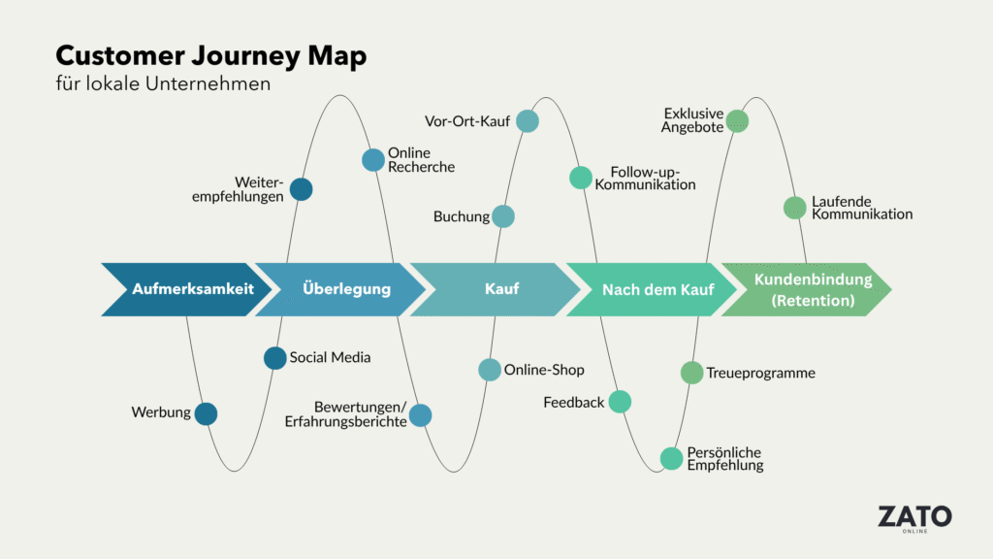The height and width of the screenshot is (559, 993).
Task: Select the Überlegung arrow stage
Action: coord(345,289)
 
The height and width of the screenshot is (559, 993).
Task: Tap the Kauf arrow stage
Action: coord(500,289)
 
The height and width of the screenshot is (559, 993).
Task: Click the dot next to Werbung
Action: coord(206,413)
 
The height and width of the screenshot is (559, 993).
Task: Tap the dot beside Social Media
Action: coord(275,358)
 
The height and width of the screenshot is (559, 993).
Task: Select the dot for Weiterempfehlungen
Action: coord(301,189)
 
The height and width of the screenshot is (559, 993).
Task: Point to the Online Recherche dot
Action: coord(373,160)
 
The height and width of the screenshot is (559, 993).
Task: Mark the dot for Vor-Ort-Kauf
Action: coord(527,120)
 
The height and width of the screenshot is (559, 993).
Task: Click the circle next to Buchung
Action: coord(502,216)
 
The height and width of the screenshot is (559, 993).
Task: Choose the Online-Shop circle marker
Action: coord(490,370)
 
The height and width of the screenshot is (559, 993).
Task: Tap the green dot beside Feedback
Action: coord(620,402)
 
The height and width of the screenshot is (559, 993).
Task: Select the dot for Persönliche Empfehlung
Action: coord(671,458)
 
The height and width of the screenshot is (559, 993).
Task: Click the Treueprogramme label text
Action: coord(760,373)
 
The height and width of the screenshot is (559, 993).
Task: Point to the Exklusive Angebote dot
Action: coord(737,120)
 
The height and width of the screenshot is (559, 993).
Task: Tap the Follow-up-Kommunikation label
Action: coord(645,178)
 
